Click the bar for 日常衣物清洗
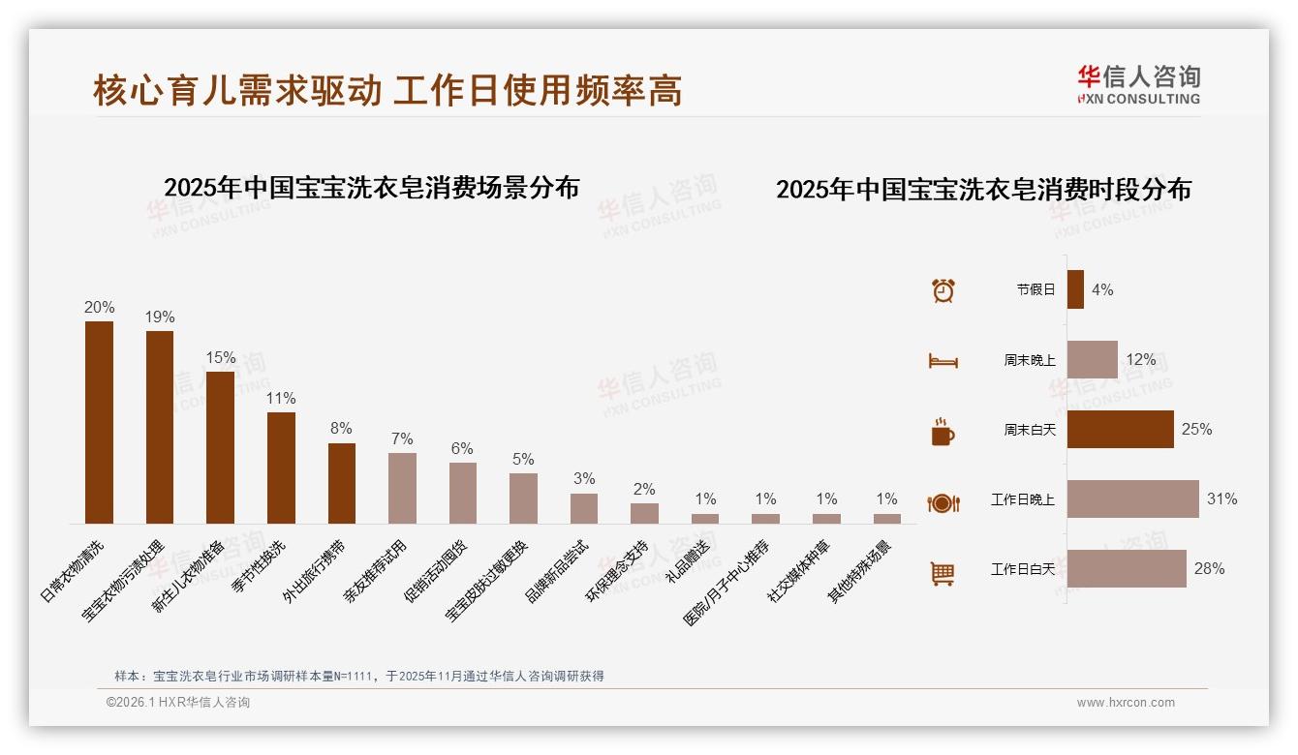99,422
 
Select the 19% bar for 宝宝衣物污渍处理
160,427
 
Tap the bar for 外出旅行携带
341,483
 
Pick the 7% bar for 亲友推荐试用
402,488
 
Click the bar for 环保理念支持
644,513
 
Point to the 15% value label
220,357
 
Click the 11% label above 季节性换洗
281,398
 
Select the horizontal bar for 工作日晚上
1132,499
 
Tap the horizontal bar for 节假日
1075,289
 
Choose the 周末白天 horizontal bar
1120,429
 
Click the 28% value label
1209,569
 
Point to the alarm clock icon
943,289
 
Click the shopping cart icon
943,573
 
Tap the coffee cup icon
943,432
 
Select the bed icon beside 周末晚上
943,361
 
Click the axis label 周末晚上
1029,360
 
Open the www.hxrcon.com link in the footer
1126,703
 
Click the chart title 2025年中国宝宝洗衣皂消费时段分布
983,189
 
